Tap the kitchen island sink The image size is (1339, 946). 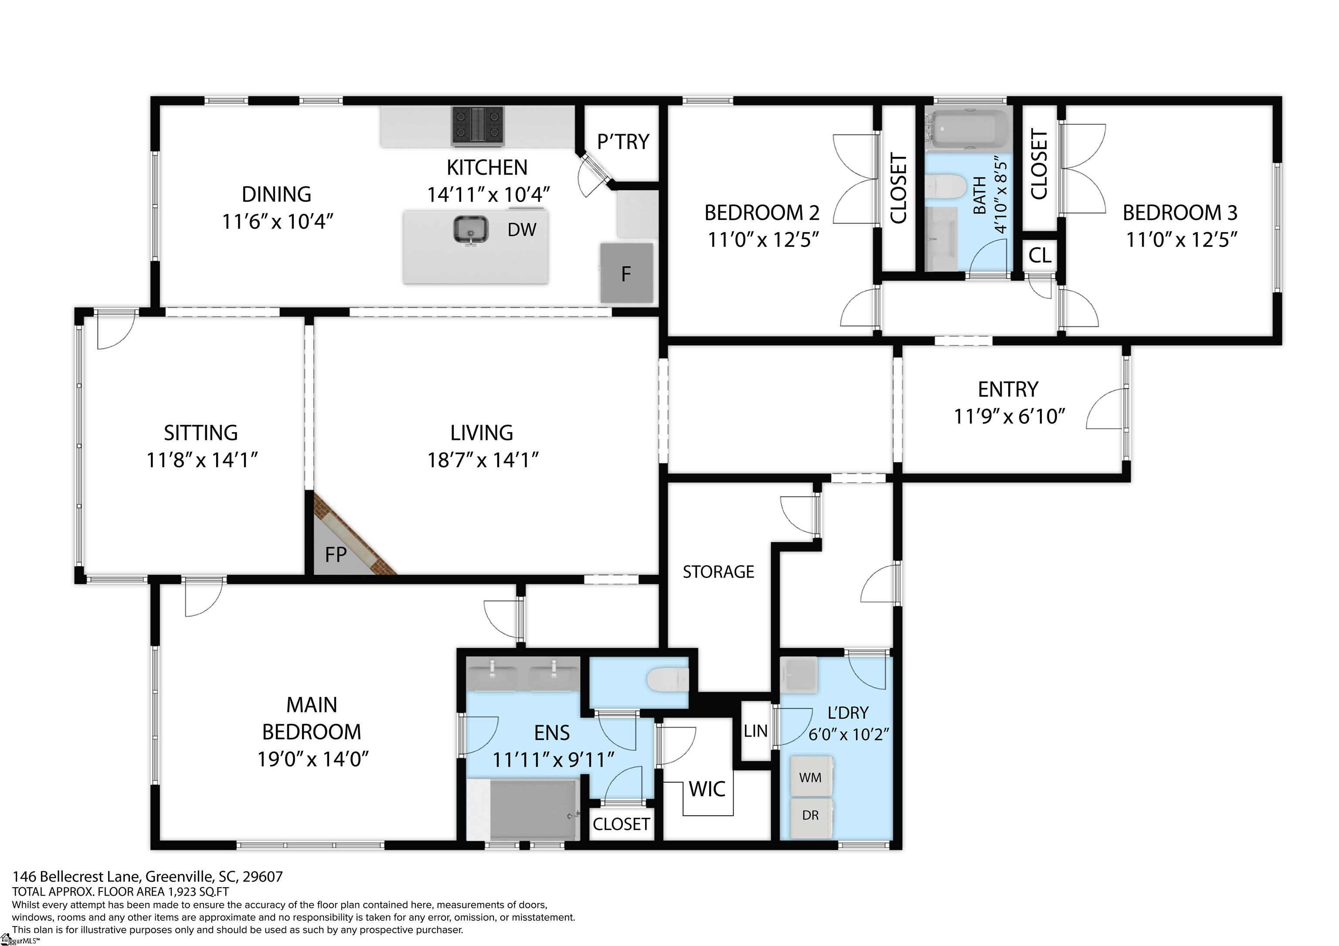pyautogui.click(x=471, y=229)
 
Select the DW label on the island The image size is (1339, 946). pyautogui.click(x=521, y=230)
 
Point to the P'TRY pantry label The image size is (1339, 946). pyautogui.click(x=623, y=142)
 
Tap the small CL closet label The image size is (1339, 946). pyautogui.click(x=1040, y=255)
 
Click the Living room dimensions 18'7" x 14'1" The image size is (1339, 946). pyautogui.click(x=483, y=460)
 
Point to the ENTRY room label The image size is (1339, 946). pyautogui.click(x=1008, y=389)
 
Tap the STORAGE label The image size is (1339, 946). pyautogui.click(x=718, y=572)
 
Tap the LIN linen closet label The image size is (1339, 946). pyautogui.click(x=755, y=731)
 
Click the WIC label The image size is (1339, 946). pyautogui.click(x=707, y=789)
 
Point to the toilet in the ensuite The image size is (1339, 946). pyautogui.click(x=668, y=679)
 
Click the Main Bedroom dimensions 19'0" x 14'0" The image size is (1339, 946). pyautogui.click(x=313, y=759)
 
